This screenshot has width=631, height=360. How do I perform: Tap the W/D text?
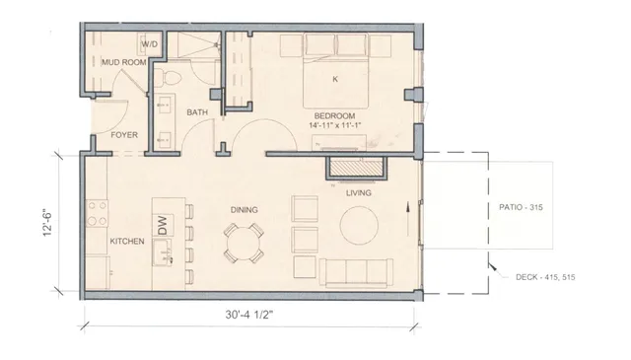(151, 44)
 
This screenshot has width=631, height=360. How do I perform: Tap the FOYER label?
(123, 134)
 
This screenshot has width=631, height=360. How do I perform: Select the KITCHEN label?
(127, 242)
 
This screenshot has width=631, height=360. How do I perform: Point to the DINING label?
(245, 210)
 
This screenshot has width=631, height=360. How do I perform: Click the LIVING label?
(358, 193)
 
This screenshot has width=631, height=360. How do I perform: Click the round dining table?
(244, 242)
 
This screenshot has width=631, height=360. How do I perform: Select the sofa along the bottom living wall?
(356, 272)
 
